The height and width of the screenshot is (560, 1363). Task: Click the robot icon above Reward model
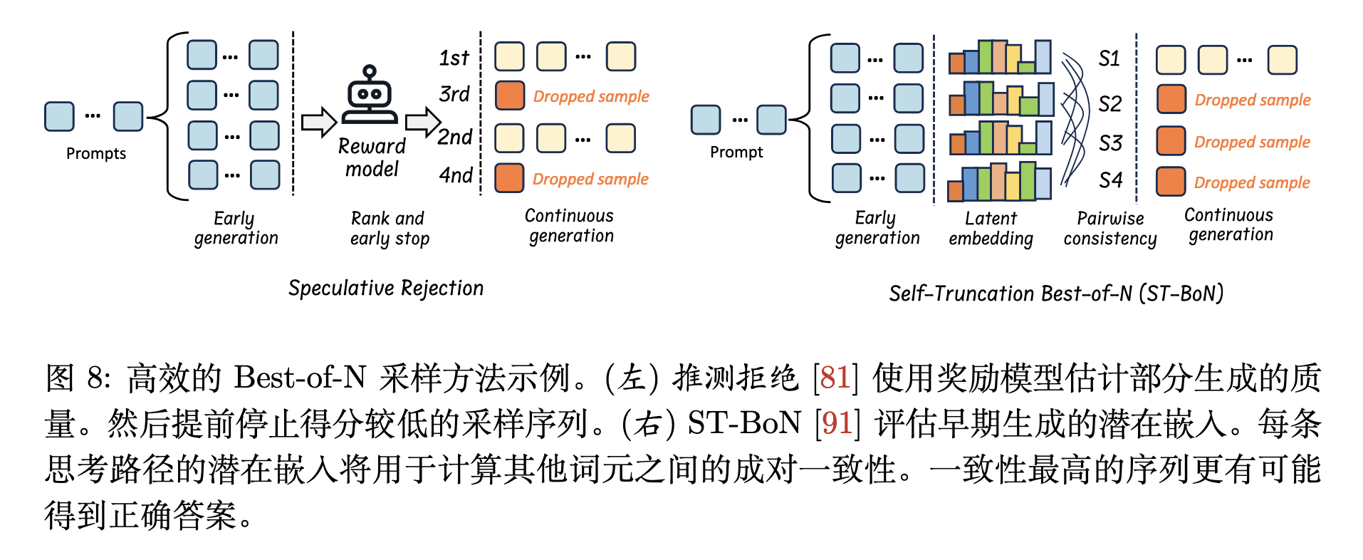369,95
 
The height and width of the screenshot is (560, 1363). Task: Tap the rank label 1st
454,58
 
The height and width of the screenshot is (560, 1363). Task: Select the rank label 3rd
454,94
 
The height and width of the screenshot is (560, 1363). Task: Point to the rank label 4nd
455,175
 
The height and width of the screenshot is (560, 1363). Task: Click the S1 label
1109,58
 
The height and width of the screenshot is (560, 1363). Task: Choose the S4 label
1110,180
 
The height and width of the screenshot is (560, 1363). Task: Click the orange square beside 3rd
509,95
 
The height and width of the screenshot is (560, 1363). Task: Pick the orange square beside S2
1171,99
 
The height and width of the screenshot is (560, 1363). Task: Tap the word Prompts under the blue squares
96,153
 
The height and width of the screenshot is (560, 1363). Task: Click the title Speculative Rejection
385,288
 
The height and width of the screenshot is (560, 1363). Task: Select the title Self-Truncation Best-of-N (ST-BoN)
1056,293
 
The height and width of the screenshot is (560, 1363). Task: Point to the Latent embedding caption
991,228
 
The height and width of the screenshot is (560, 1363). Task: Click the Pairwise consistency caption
1109,228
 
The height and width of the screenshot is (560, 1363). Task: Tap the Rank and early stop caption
390,228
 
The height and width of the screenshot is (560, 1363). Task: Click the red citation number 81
835,378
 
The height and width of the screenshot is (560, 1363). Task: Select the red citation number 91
837,423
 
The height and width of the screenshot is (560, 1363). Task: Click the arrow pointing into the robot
318,122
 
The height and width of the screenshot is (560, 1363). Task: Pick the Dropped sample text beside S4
1252,182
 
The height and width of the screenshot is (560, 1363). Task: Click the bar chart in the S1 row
1000,57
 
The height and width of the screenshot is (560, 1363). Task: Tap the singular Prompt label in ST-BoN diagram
736,152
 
